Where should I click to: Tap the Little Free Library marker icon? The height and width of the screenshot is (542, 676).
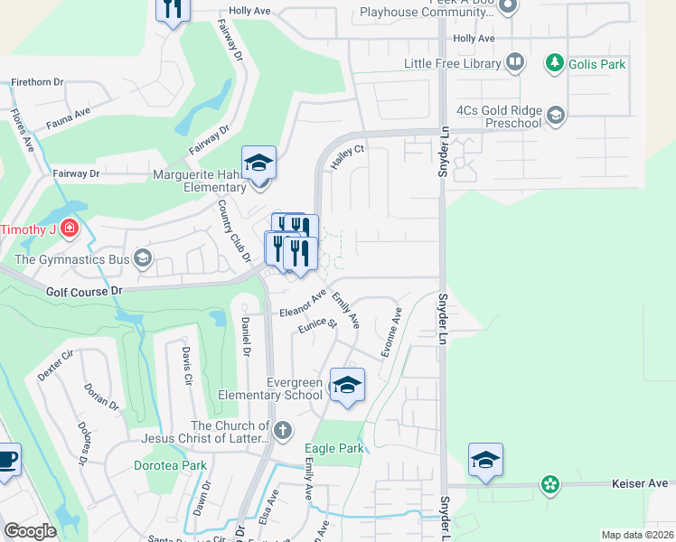coord(515,63)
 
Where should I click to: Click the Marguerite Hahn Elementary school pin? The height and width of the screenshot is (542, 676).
coord(259,164)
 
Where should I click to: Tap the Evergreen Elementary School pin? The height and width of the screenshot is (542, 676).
coord(347,386)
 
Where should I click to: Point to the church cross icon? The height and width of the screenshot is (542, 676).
coord(283,430)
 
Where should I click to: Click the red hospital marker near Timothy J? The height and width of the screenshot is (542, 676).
coord(69,229)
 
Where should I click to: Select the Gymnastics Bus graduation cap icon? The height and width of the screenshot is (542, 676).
coord(141,260)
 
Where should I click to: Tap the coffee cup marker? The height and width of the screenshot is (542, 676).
coord(6,459)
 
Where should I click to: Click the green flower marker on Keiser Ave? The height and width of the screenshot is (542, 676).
coord(549,485)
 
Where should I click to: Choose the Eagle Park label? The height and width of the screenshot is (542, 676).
coord(334,449)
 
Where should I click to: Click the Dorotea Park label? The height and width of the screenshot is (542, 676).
coord(169,466)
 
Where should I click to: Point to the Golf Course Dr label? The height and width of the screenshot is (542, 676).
coord(83,292)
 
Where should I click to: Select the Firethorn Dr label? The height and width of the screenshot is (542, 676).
coord(36,82)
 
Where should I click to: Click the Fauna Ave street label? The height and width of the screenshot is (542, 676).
coord(70,114)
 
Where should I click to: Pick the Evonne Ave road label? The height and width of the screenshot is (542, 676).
coord(391,332)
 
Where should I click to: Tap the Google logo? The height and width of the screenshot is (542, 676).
coord(30,531)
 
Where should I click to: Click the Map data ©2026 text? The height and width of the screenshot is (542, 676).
coord(636,535)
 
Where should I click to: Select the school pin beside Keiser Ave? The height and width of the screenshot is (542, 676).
coord(485,460)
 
